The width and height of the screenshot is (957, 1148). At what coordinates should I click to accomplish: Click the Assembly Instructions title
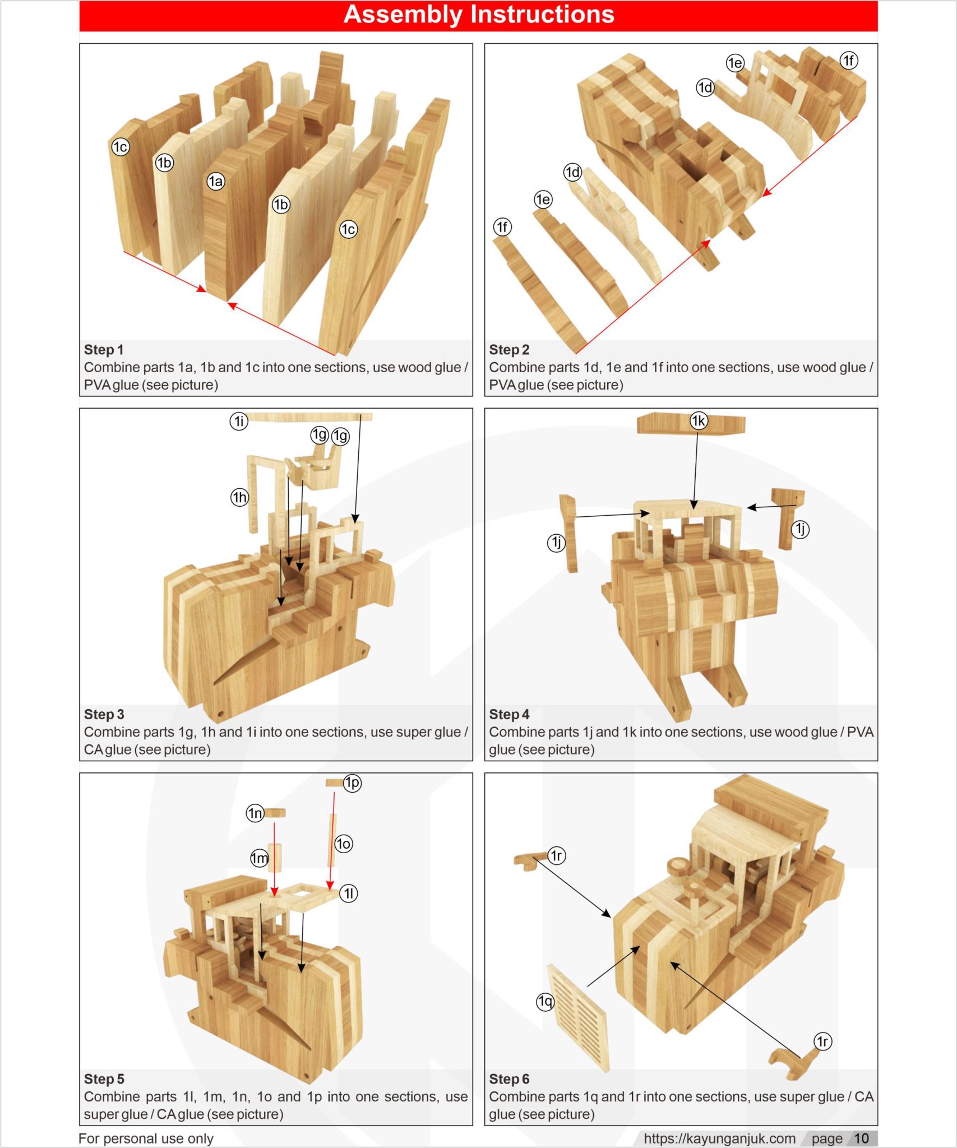478,15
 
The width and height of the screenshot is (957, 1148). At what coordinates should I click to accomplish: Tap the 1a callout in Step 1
215,181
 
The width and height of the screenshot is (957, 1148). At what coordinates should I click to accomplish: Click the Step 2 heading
508,350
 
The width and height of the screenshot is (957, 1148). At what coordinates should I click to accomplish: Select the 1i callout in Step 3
239,421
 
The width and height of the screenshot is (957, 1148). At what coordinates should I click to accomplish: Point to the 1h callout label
239,497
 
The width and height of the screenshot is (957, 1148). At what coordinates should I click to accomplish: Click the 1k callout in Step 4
698,420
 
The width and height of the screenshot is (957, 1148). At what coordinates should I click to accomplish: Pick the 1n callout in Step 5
255,813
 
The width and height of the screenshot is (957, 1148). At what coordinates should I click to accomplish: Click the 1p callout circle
352,783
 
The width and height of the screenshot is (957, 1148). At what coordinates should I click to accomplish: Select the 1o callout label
343,844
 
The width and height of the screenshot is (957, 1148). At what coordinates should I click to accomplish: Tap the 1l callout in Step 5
349,893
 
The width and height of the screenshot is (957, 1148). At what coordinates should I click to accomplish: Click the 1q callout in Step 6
545,1001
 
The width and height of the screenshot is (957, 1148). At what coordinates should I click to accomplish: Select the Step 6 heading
508,1079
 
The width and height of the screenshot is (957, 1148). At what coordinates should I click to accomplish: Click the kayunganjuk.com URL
719,1138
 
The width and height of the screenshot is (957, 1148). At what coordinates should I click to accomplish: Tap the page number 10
861,1138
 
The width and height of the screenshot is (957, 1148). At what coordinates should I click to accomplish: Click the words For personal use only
146,1138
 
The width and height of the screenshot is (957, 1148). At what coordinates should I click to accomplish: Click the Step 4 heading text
508,714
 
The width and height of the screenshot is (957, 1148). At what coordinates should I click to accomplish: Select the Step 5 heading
104,1079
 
